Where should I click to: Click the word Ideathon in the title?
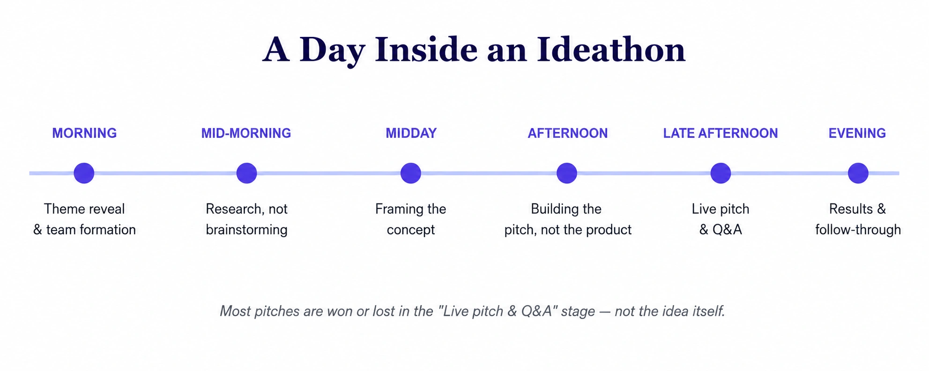(x=611, y=49)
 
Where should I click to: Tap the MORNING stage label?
(x=84, y=133)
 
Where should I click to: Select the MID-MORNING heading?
(x=246, y=133)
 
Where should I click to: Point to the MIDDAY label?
(x=411, y=133)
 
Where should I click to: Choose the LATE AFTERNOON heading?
(x=721, y=133)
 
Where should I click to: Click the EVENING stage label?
(x=857, y=133)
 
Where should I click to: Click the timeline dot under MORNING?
(x=84, y=173)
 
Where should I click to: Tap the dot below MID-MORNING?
(x=246, y=173)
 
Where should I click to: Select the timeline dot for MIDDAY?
(x=411, y=173)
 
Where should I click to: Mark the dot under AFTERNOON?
(x=567, y=173)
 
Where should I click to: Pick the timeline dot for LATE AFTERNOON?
(x=721, y=173)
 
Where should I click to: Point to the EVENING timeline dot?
(x=858, y=173)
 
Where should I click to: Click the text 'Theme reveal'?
(x=84, y=209)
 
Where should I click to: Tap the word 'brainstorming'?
(x=246, y=230)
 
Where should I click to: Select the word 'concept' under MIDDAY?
(x=411, y=230)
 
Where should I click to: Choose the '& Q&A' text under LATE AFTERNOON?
(x=721, y=230)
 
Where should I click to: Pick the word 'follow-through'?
(x=858, y=230)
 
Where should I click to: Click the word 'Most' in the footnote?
(x=236, y=311)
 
